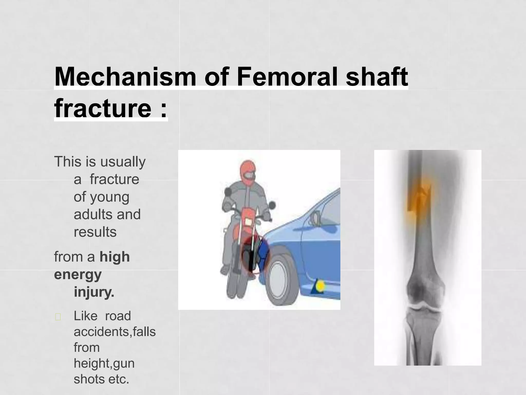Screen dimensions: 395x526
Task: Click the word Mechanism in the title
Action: tap(125, 77)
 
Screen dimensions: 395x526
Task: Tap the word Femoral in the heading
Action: tap(288, 77)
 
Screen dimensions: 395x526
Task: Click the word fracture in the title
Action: tap(103, 108)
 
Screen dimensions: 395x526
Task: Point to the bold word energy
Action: tap(78, 275)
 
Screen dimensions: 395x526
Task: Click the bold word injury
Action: tap(94, 292)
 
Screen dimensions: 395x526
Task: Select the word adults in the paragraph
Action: tap(91, 214)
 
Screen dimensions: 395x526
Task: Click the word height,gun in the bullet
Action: tap(104, 363)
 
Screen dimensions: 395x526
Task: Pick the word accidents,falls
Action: tap(115, 332)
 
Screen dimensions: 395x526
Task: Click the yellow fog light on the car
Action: tap(320, 286)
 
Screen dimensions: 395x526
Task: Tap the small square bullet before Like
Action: tap(58, 317)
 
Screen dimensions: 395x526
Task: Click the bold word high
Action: tap(115, 257)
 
